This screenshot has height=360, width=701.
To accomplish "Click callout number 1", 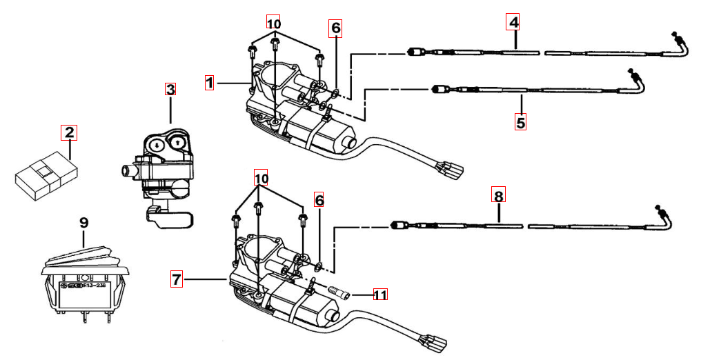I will point(210,83).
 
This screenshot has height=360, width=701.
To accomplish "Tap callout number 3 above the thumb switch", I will point(170,89).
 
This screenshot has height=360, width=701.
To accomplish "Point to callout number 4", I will point(513,22).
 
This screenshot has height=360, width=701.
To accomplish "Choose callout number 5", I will point(520,123).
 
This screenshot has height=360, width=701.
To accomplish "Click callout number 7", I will point(177,279).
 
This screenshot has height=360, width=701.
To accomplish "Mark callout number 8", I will point(499,195).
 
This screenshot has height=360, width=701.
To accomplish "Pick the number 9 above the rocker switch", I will point(83,222).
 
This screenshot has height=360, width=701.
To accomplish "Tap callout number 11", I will point(379,294).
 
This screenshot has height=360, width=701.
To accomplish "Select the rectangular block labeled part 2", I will point(46,177).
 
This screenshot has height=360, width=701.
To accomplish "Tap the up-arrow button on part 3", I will point(178,143).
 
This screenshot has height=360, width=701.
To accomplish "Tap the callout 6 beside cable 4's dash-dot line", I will point(335,28).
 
